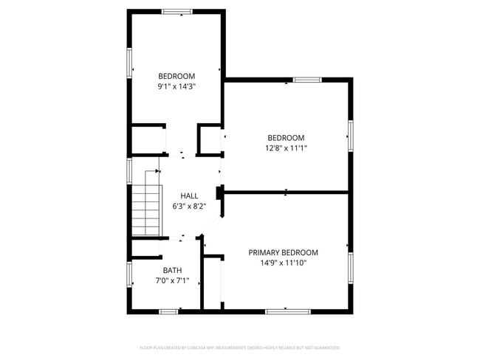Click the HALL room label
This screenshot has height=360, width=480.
point(189,195)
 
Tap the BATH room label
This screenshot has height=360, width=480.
point(172,270)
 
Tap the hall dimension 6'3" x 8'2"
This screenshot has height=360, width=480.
point(189,206)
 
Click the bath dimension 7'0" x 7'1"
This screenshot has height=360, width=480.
point(172,280)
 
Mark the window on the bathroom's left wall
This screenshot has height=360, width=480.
point(129,274)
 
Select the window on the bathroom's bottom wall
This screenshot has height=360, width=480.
point(169,311)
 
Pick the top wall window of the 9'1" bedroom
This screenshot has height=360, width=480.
point(177,11)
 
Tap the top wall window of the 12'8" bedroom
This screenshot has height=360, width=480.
point(306,79)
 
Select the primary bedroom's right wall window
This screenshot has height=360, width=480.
point(351,265)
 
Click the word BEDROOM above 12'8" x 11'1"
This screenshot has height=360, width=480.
point(286,138)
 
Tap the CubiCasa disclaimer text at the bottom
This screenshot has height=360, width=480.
point(239,347)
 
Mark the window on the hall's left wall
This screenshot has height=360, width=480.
point(129,170)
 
